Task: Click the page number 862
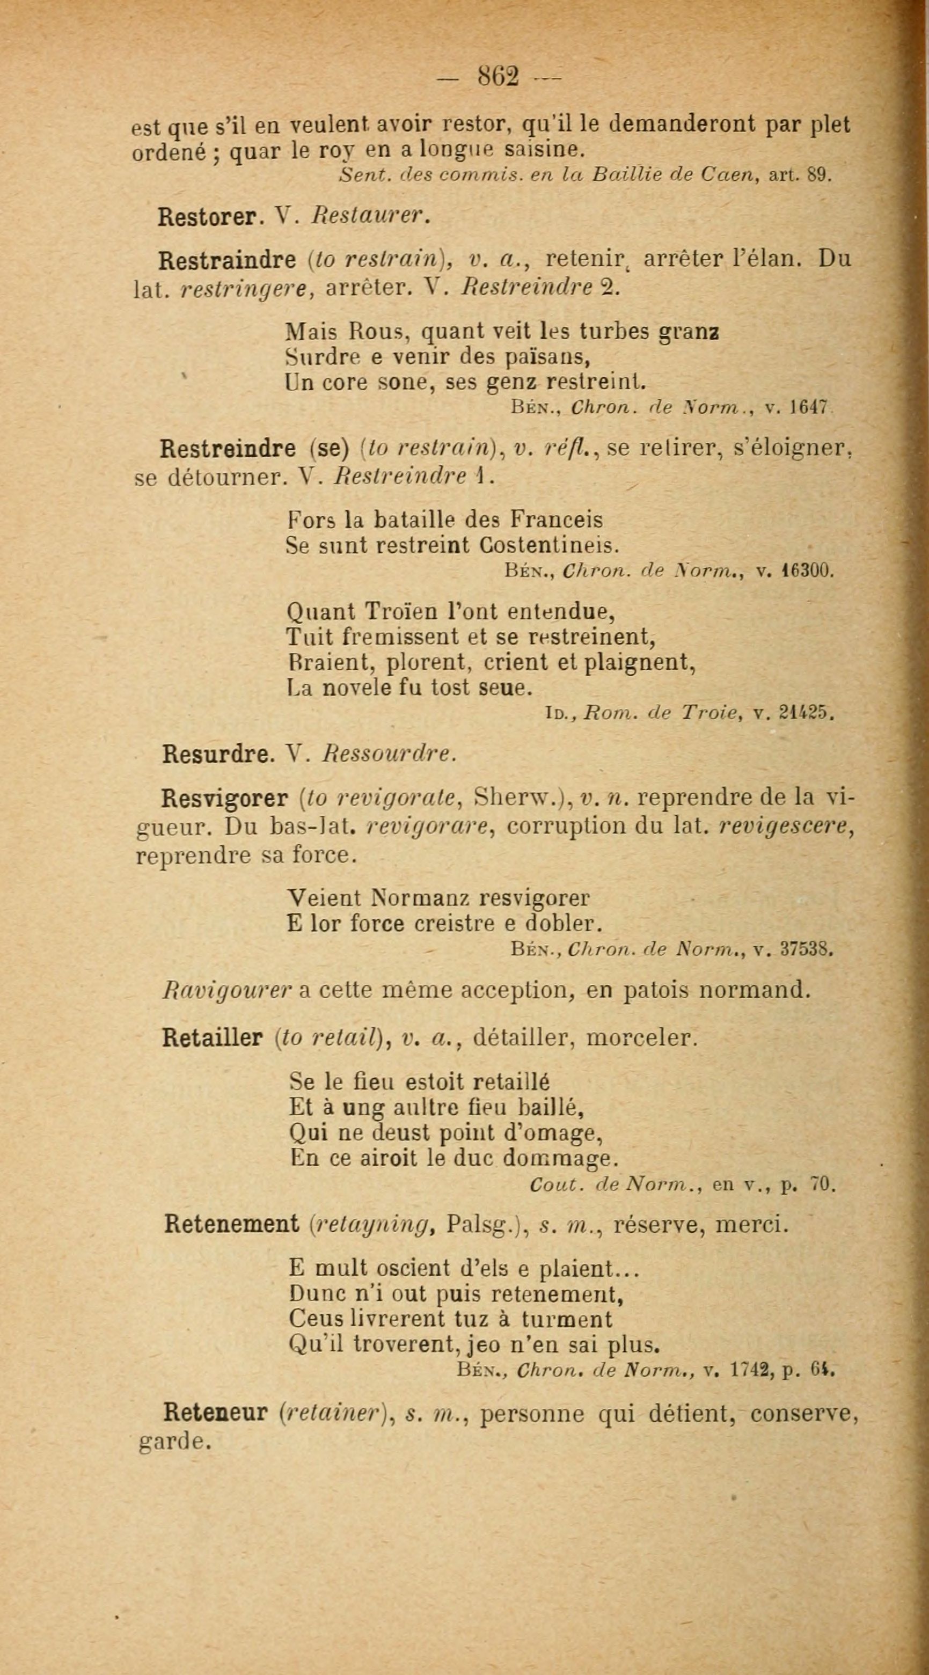pos(499,77)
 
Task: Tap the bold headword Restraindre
pos(228,260)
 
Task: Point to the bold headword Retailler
pos(212,1038)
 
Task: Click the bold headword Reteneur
pos(216,1413)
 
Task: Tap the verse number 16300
pos(805,572)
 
